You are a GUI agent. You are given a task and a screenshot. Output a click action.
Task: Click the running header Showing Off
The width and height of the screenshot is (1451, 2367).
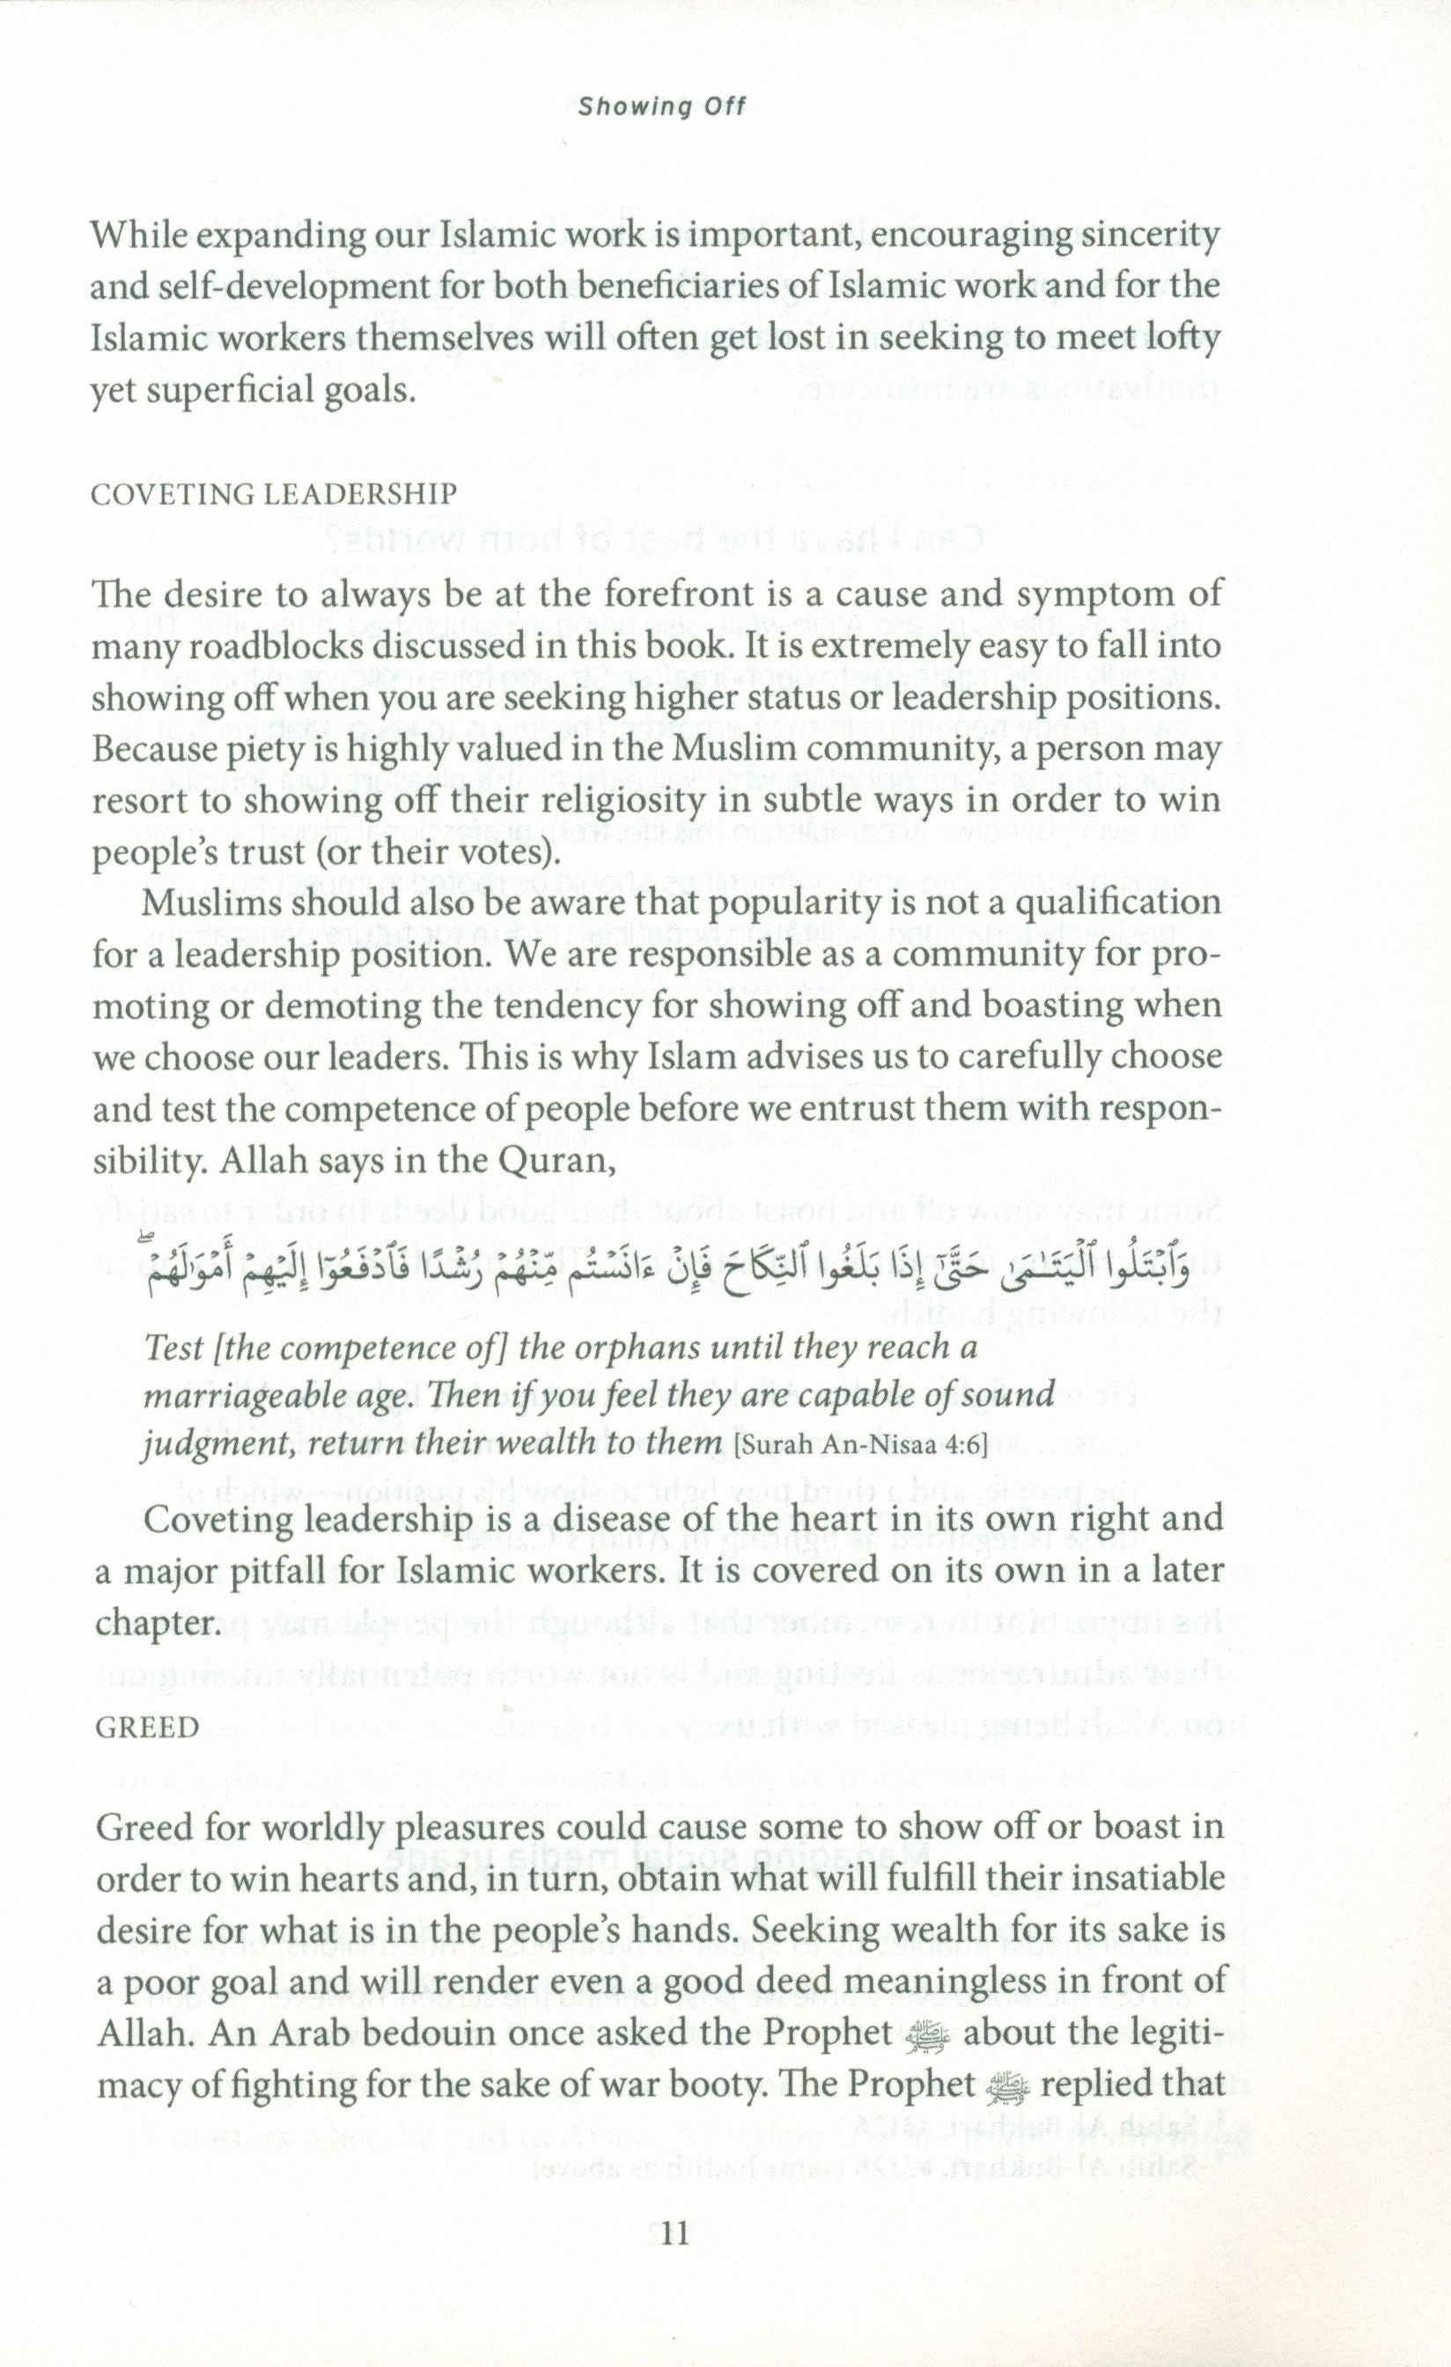tap(661, 107)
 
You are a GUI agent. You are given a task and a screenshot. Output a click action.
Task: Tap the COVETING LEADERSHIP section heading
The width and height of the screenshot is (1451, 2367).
tap(274, 495)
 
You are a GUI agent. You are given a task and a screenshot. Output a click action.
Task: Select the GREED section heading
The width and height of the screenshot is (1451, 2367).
tap(148, 1727)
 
